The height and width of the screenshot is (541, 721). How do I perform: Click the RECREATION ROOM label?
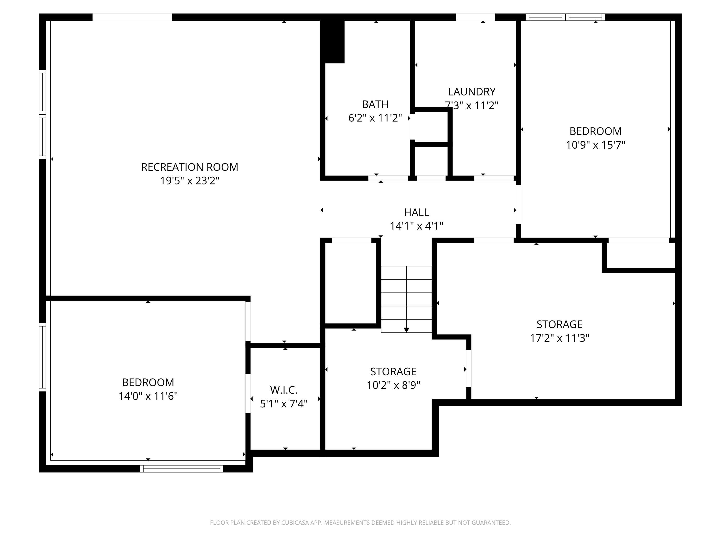pos(189,167)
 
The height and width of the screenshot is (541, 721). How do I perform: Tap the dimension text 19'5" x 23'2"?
pos(189,181)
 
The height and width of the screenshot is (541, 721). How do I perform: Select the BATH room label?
pos(375,104)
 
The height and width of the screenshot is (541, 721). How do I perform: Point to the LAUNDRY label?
pos(472,92)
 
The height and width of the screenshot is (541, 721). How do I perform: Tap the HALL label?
pos(416,212)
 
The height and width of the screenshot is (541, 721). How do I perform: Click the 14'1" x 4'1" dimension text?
pos(416,226)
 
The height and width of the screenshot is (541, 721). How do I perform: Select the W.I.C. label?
pos(284,390)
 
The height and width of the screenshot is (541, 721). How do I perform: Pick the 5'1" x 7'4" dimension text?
pos(284,404)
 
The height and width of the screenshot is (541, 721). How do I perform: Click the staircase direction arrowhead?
pos(406,330)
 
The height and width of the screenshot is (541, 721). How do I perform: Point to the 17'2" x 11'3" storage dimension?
pos(559,338)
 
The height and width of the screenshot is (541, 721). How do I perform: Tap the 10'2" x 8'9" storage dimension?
pos(393,385)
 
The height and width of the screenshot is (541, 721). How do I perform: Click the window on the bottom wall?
pos(181,469)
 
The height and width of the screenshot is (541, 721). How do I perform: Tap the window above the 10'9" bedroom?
pos(565,17)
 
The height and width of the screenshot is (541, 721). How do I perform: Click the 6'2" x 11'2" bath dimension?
pos(375,118)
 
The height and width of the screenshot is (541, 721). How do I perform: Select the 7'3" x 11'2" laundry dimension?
pos(472,105)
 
